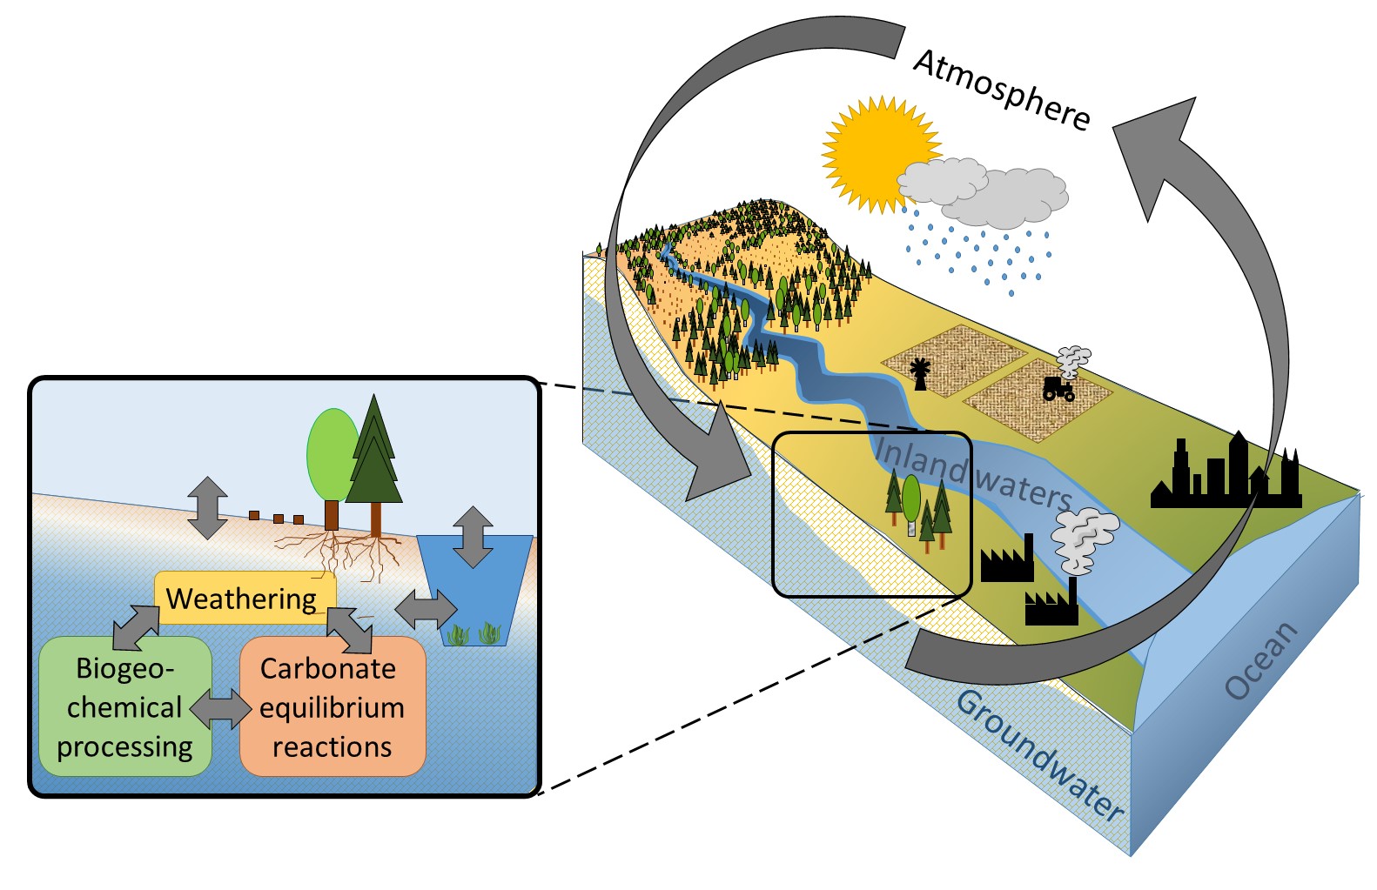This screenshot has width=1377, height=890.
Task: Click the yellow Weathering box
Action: tap(245, 598)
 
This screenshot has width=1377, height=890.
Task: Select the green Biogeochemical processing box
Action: tap(124, 706)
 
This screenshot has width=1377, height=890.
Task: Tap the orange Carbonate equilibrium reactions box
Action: tap(332, 706)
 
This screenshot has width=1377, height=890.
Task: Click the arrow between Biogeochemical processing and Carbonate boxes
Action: tap(219, 709)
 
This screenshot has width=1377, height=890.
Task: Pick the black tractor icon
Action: tap(1058, 388)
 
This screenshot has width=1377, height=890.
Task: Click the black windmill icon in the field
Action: tap(919, 373)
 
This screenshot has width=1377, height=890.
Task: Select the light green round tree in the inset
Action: tap(332, 457)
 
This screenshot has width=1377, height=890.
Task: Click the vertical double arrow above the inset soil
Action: tap(207, 507)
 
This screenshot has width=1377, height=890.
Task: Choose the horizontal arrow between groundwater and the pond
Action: tap(426, 609)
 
